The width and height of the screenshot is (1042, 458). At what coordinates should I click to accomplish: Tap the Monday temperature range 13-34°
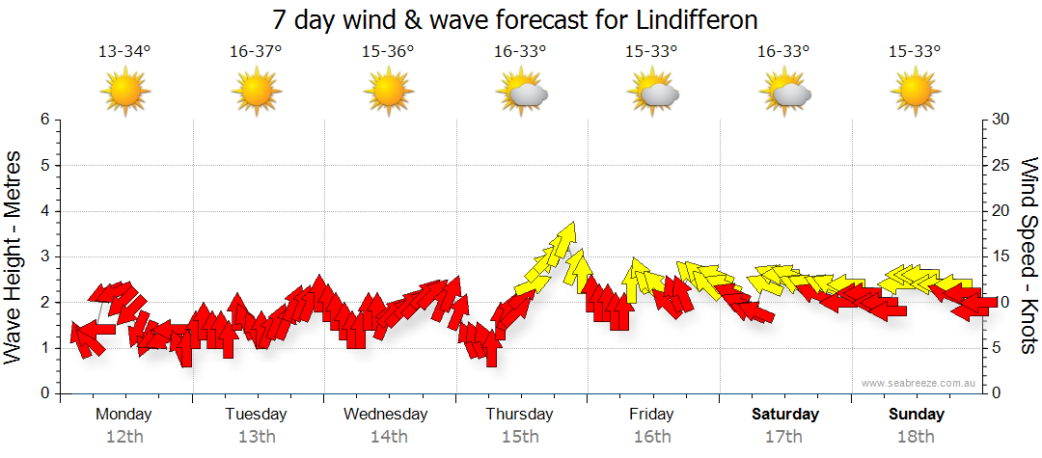pyautogui.click(x=125, y=51)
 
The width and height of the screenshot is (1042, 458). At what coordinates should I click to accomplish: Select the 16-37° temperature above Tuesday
pyautogui.click(x=257, y=51)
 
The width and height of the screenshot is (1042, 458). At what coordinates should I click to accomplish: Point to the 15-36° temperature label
pyautogui.click(x=388, y=51)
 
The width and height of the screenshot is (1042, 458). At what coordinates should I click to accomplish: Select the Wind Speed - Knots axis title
pyautogui.click(x=1028, y=256)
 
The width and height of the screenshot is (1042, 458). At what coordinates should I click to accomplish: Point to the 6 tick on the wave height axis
pyautogui.click(x=44, y=120)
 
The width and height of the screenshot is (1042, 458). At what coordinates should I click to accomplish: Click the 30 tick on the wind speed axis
pyautogui.click(x=1001, y=120)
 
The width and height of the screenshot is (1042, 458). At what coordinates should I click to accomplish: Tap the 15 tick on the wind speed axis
pyautogui.click(x=1001, y=256)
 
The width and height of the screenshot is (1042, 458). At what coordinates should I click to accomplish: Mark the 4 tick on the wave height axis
pyautogui.click(x=44, y=211)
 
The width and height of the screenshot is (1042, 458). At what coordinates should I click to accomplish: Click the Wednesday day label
pyautogui.click(x=386, y=415)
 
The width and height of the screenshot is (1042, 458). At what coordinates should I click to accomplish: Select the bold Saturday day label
pyautogui.click(x=785, y=415)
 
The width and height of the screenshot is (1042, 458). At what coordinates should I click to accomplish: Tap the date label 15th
pyautogui.click(x=520, y=437)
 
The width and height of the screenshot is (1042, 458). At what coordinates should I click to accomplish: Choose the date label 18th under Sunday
pyautogui.click(x=916, y=437)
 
